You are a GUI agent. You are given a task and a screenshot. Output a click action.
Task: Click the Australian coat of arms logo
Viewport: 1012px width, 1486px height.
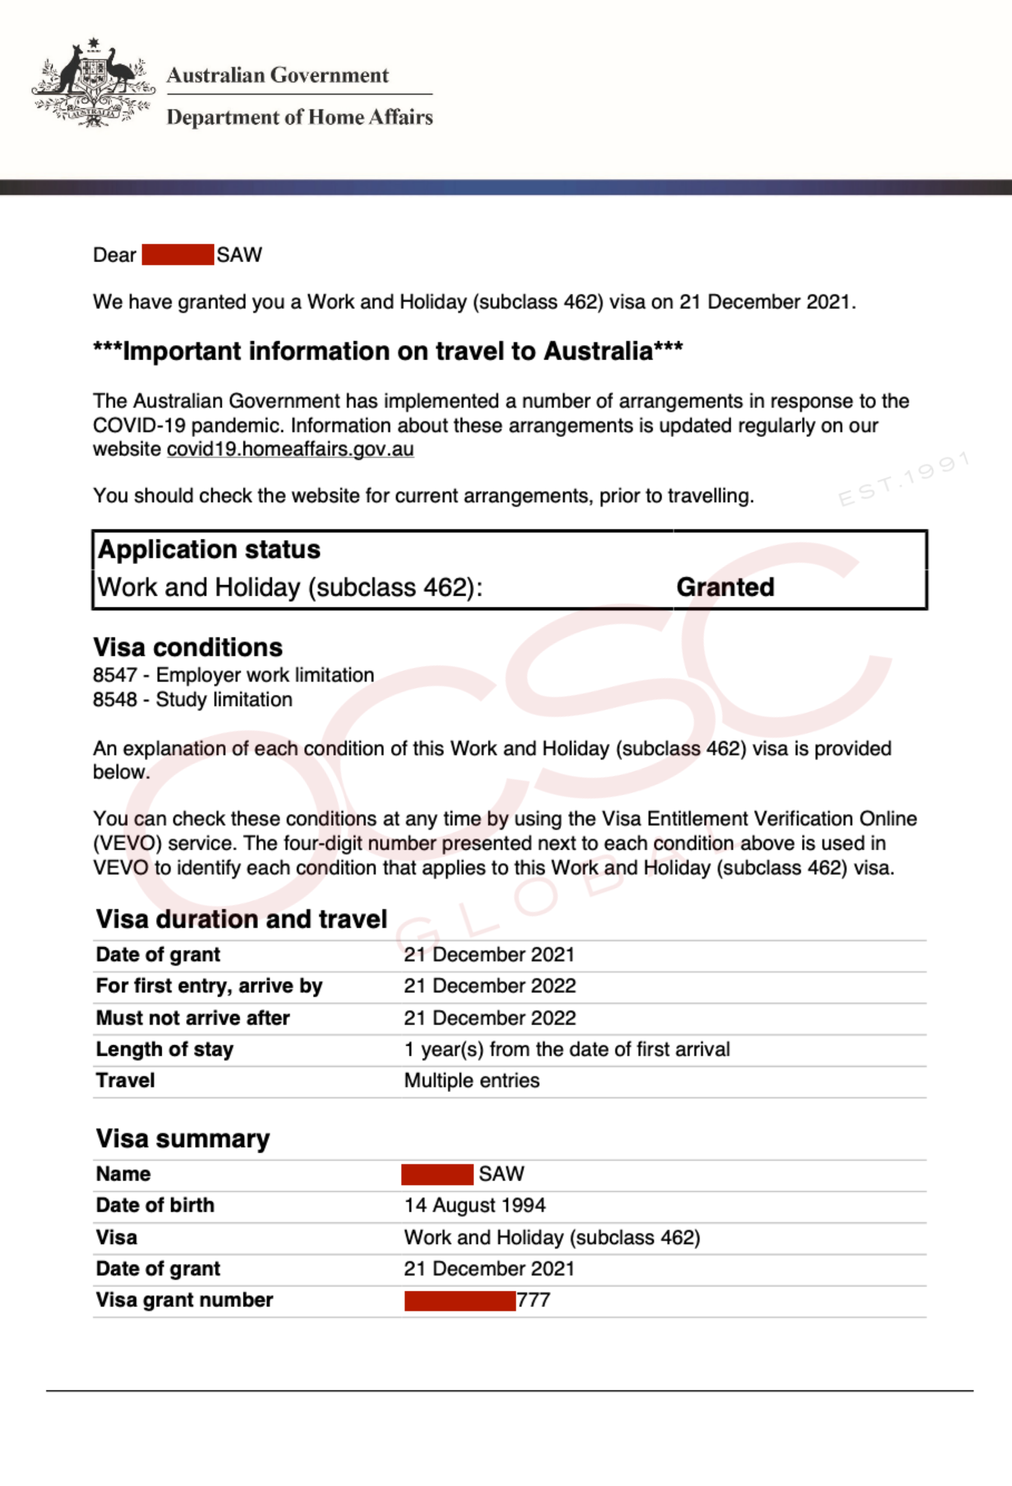[x=93, y=83]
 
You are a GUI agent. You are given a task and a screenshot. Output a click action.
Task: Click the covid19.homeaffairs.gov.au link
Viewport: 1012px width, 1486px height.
[x=290, y=450]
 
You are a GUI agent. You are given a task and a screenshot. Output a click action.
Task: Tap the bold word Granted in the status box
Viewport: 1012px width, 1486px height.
[x=725, y=587]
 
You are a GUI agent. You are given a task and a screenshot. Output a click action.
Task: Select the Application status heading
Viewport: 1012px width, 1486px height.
[x=209, y=549]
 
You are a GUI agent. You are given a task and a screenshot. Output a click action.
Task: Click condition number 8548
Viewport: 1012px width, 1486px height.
[x=115, y=700]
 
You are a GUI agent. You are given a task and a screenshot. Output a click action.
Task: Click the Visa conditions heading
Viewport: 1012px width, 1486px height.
[x=188, y=647]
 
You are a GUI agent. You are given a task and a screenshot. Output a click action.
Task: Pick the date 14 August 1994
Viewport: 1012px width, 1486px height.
[x=474, y=1205]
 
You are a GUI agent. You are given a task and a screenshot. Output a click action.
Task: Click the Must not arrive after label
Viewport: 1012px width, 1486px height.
[x=193, y=1018]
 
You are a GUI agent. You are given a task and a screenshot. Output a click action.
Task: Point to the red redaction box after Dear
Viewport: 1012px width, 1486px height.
[x=178, y=254]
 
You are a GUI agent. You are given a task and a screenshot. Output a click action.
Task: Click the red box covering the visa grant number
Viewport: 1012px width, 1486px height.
[x=460, y=1300]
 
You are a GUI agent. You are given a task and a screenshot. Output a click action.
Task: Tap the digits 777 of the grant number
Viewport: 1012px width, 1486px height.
[x=533, y=1300]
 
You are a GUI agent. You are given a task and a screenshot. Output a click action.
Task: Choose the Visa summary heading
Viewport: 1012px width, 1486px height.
[x=183, y=1139]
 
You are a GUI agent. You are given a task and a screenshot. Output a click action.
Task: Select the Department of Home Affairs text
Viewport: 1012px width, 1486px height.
[x=300, y=117]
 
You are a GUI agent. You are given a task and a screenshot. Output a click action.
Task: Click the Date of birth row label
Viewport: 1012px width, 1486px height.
[x=155, y=1205]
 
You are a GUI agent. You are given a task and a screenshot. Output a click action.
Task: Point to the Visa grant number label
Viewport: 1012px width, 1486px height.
[x=184, y=1300]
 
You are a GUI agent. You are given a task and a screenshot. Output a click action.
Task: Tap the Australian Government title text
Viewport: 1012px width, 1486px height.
[x=277, y=76]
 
